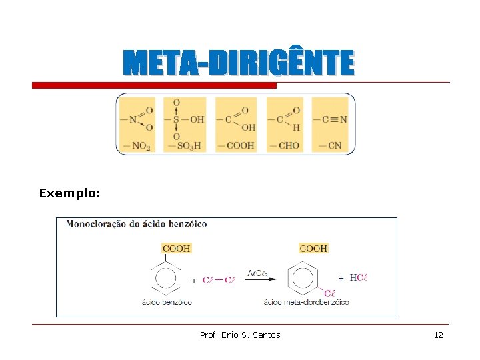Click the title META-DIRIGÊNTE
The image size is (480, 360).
[x=239, y=64]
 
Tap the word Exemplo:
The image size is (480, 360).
[x=69, y=193]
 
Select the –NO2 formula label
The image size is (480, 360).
[x=136, y=145]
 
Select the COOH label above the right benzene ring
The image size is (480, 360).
[x=313, y=248]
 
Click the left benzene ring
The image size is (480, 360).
[x=165, y=278]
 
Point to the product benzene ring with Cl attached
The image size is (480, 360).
[x=303, y=278]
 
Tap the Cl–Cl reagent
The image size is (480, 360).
[x=218, y=280]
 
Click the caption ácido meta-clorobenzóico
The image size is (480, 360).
[x=306, y=302]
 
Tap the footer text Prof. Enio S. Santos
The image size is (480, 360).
[x=240, y=335]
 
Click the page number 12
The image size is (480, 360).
[x=438, y=335]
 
